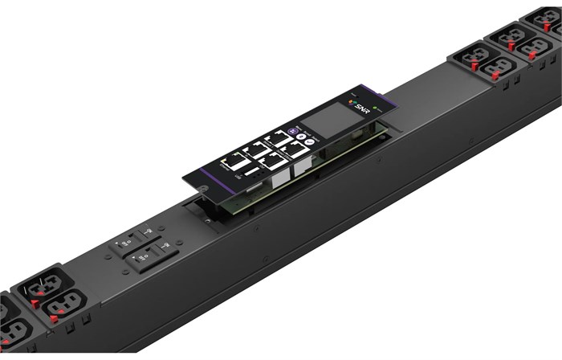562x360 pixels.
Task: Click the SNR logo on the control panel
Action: coord(361,108)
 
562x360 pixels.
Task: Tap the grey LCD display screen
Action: coord(327,122)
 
